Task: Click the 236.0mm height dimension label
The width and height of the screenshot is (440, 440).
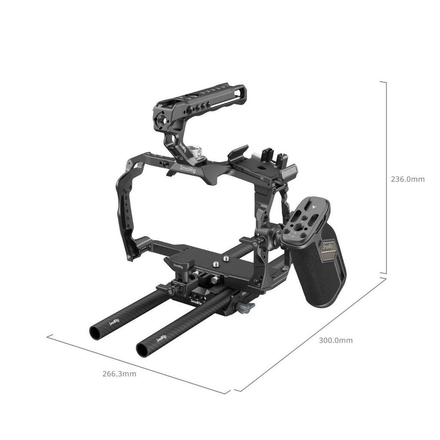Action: click(407, 179)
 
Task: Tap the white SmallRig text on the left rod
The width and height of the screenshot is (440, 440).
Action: click(114, 321)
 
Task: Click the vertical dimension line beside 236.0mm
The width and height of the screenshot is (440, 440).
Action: click(386, 176)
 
